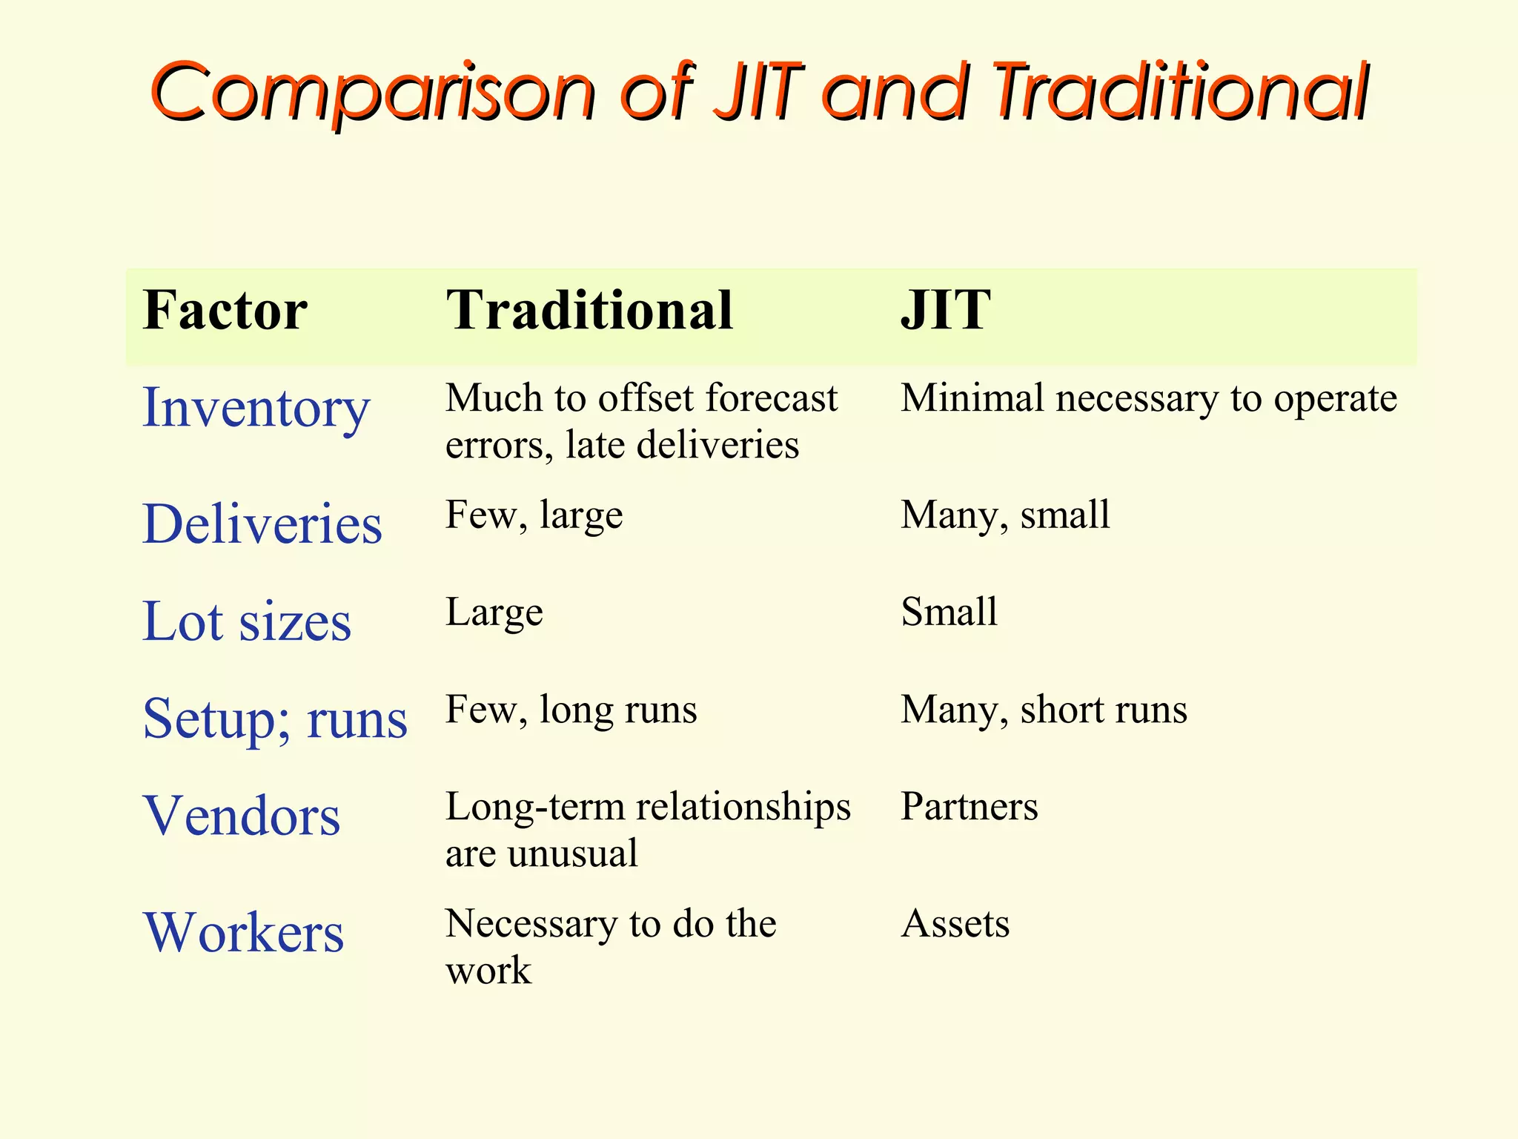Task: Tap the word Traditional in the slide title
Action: (x=1181, y=92)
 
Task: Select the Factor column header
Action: (x=225, y=310)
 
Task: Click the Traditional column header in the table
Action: (x=589, y=310)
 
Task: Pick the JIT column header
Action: (x=945, y=310)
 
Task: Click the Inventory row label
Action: (x=256, y=409)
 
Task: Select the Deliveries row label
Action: (x=262, y=524)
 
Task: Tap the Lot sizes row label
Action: (x=247, y=621)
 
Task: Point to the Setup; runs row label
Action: (x=275, y=719)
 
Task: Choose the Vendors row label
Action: (x=242, y=816)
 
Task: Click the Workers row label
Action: (x=244, y=932)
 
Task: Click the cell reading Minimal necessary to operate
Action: (x=1148, y=399)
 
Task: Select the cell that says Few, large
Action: (x=534, y=515)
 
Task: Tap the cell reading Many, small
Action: (x=1005, y=515)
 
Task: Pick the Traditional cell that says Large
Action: (x=494, y=613)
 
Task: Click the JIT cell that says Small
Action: (x=949, y=613)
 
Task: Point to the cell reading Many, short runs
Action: (x=1044, y=710)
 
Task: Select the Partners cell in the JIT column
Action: (x=969, y=807)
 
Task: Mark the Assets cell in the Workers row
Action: (x=955, y=924)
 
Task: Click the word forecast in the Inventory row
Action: (x=772, y=399)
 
